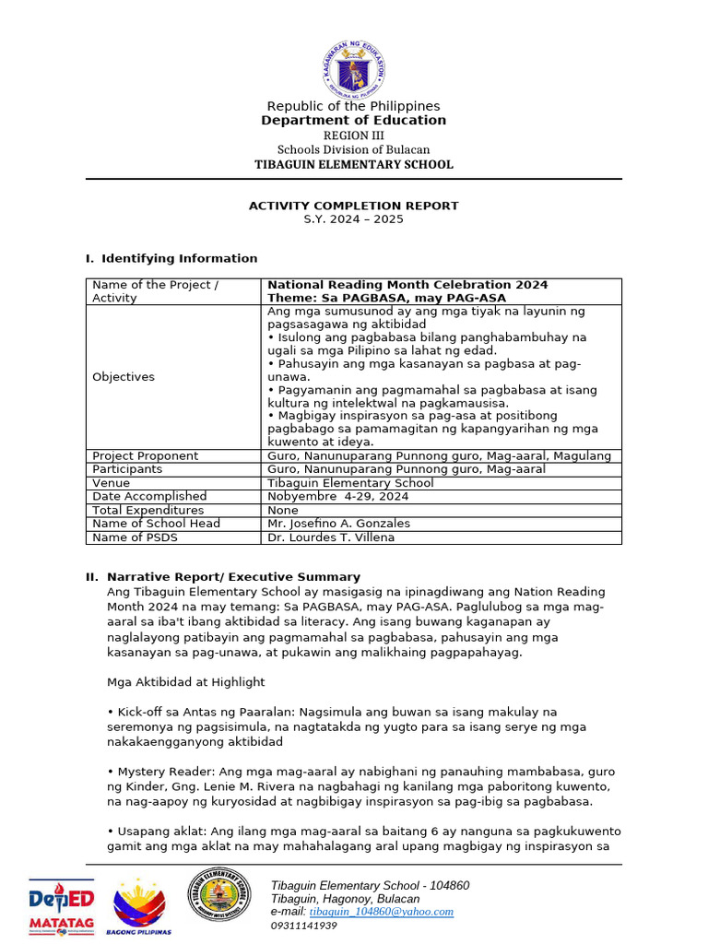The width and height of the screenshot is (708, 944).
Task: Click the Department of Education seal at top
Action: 354,66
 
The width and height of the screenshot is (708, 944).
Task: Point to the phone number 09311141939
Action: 303,926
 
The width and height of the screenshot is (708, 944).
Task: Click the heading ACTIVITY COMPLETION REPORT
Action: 354,206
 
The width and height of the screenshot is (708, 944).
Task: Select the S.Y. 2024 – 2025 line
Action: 354,219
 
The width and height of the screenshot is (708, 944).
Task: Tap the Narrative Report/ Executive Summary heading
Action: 233,577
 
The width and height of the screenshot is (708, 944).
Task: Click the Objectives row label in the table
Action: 124,377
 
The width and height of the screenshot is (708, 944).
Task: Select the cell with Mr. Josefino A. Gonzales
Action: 338,524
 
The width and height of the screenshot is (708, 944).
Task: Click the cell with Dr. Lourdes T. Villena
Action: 331,537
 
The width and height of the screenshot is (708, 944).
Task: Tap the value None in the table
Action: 283,510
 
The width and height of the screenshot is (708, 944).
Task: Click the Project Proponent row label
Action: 146,455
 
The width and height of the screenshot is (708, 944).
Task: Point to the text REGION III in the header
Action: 354,136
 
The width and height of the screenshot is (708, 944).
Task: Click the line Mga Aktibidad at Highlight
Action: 186,682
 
